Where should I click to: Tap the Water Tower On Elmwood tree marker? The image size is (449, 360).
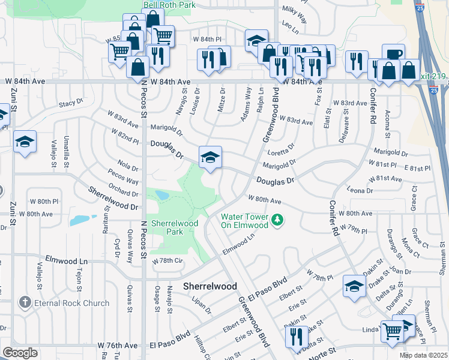click(x=277, y=220)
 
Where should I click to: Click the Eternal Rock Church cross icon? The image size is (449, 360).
click(x=24, y=303)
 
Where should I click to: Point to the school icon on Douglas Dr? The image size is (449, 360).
click(x=210, y=158)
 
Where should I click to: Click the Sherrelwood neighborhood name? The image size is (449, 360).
click(x=209, y=286)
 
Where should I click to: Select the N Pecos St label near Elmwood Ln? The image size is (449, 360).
click(x=143, y=241)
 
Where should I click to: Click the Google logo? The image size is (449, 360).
click(x=20, y=353)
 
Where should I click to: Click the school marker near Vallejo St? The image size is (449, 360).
click(x=25, y=142)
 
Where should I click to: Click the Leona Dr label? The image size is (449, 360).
click(x=360, y=191)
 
